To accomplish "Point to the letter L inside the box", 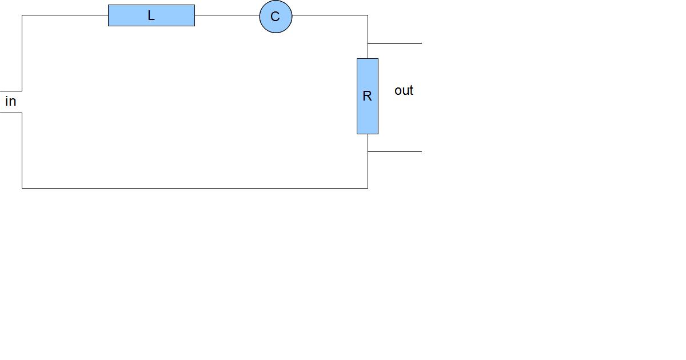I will [x=151, y=16].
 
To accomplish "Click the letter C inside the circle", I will [x=275, y=17].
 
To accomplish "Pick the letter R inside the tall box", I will [x=367, y=96].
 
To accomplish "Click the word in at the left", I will [x=10, y=102].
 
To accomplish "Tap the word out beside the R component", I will [x=404, y=90].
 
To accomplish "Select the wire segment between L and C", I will [x=227, y=15].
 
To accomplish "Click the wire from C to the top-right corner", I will [x=330, y=15].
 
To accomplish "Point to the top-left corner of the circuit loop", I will [x=22, y=15].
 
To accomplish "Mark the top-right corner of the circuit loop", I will [x=368, y=15].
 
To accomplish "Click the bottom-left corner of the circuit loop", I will [x=22, y=187].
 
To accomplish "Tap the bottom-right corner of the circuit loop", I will [x=368, y=187].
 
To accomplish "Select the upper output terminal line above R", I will [x=395, y=43].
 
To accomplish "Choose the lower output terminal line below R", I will [x=395, y=151].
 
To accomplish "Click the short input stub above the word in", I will [x=11, y=90].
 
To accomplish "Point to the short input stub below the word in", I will [x=11, y=113].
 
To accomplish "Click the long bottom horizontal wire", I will [x=194, y=187].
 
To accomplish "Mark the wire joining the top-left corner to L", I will [x=65, y=15].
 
